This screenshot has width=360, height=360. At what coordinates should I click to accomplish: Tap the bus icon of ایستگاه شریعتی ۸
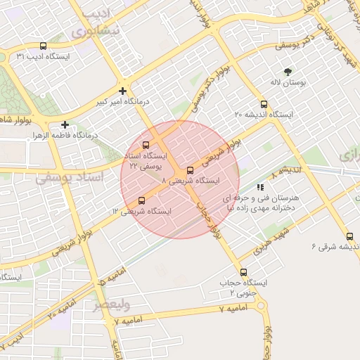pyautogui.click(x=190, y=171)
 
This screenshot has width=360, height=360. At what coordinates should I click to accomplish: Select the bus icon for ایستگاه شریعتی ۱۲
pyautogui.click(x=142, y=200)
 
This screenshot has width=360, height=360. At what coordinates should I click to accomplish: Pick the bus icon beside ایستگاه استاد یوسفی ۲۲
pyautogui.click(x=146, y=146)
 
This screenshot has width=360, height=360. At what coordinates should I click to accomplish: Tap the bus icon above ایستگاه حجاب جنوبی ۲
pyautogui.click(x=244, y=272)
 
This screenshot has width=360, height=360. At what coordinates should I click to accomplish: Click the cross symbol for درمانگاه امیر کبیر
pyautogui.click(x=123, y=91)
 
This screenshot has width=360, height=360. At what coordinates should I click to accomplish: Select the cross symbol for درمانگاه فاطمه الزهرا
pyautogui.click(x=65, y=124)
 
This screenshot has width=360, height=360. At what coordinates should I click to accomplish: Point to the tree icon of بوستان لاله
pyautogui.click(x=288, y=72)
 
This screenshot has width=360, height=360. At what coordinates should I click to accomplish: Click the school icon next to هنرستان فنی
pyautogui.click(x=260, y=188)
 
